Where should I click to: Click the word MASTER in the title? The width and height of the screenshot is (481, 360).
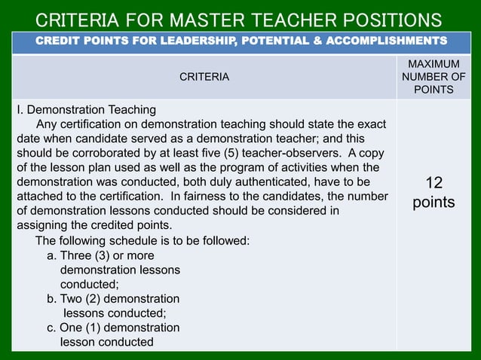[x=206, y=19]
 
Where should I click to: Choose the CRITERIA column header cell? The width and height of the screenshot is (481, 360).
[x=204, y=77]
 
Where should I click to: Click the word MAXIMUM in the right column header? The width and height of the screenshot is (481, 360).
[x=433, y=63]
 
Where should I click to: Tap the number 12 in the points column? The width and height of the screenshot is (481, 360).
[x=434, y=183]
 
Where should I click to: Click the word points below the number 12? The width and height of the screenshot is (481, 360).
[x=434, y=203]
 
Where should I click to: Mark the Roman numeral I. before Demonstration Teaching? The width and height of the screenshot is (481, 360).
[x=20, y=110]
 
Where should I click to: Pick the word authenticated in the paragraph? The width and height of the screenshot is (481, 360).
[x=283, y=182]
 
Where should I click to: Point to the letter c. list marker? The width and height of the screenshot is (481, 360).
[x=51, y=328]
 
